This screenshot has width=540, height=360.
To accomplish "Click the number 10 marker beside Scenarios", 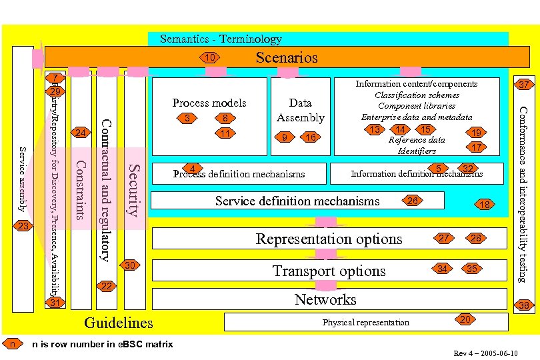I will pos(210,58).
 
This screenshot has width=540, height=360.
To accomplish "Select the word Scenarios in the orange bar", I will pos(287,57).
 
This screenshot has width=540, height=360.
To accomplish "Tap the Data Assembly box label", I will pos(300,110).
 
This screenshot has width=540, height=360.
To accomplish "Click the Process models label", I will pos(209,103).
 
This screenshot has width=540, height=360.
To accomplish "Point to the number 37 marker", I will pos(525,84).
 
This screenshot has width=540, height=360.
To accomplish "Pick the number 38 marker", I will pos(525,305).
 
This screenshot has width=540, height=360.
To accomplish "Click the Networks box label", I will pos(325,300).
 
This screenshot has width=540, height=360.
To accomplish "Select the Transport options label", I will pos(329,271).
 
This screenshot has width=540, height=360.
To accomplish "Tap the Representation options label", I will pos(329,239).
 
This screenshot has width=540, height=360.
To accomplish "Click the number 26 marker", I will pos(413,200).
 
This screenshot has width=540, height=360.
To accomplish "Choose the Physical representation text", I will pos(365,323).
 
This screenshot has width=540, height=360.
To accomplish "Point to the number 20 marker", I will pos(467,319).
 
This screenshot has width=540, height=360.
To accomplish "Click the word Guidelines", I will pos(119,323).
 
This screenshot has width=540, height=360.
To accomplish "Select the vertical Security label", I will pos(134,190).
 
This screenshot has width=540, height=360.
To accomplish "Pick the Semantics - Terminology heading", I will pos(221,39).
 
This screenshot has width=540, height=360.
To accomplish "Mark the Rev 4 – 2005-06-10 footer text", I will pos(485,353).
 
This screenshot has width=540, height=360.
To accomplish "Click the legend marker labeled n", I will pos(12,343).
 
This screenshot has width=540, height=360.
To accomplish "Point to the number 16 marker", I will pos(310,138).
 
